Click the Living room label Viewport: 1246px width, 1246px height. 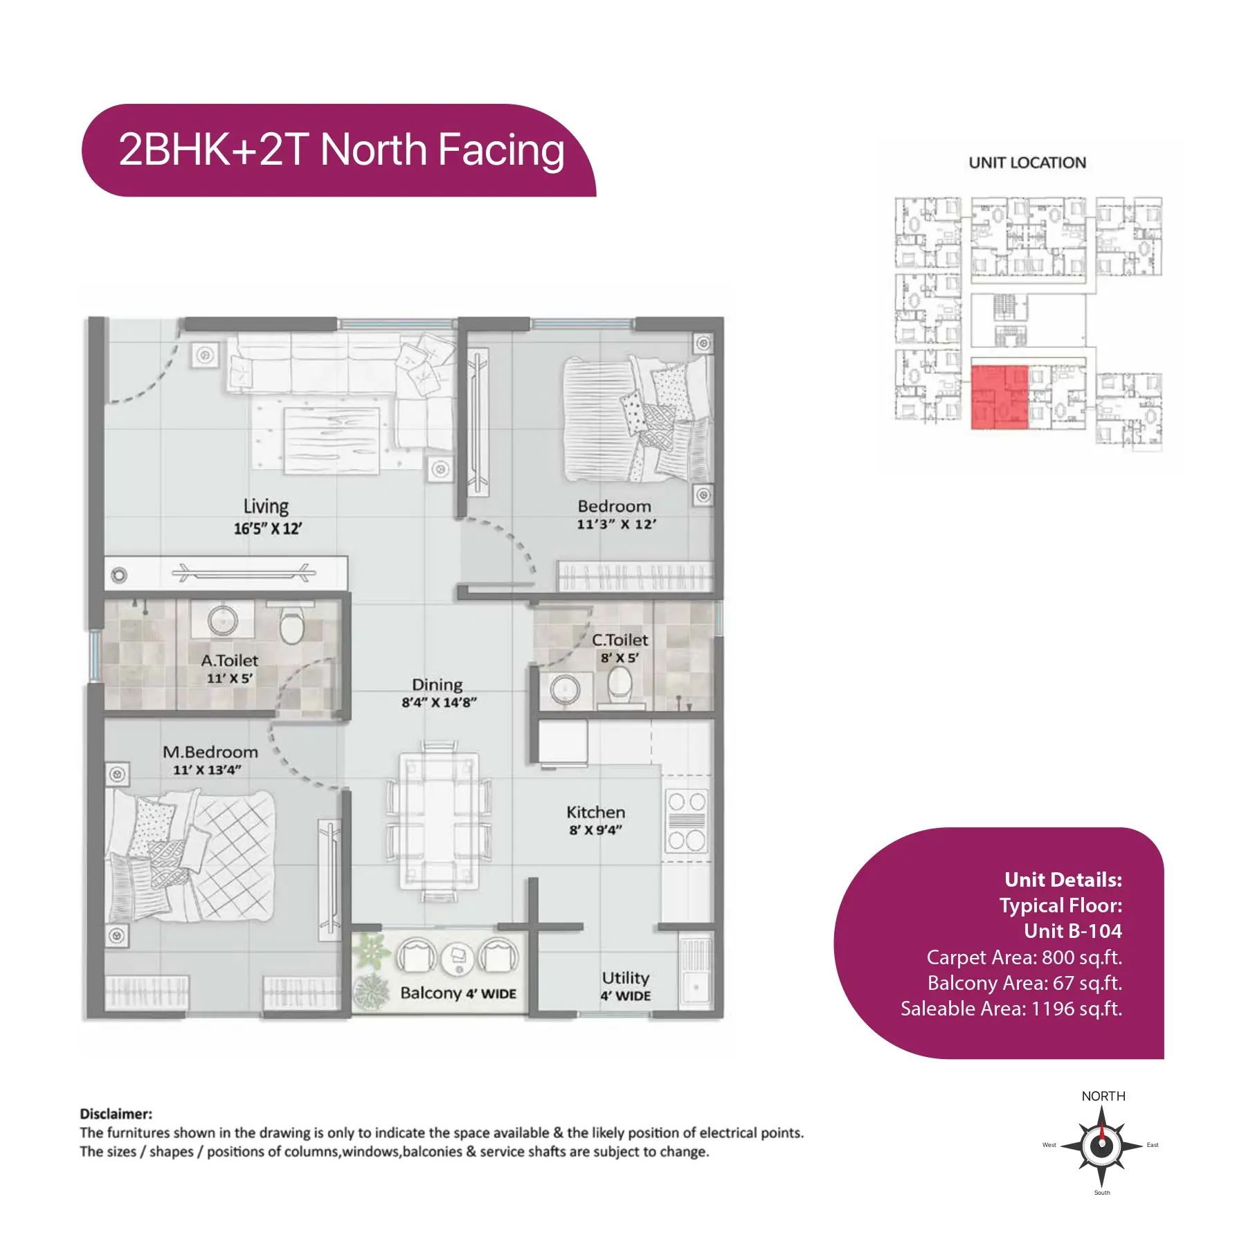[266, 507]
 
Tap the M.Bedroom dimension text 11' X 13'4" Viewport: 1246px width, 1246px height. [207, 770]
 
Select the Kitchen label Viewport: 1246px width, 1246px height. [595, 812]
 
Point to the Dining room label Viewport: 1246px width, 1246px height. [437, 685]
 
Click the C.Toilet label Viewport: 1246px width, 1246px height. [620, 640]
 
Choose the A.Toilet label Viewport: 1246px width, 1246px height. [229, 660]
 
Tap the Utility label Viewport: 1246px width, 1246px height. [625, 977]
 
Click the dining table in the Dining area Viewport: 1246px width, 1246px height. [439, 822]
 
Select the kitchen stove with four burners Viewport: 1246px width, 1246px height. [687, 821]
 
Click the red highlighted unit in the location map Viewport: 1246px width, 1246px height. [999, 397]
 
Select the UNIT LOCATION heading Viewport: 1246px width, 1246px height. [1027, 163]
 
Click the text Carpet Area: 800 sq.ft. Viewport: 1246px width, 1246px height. [1024, 957]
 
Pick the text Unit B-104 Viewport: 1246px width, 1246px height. [1073, 931]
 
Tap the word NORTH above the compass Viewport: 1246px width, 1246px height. [1103, 1096]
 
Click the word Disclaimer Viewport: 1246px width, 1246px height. [116, 1114]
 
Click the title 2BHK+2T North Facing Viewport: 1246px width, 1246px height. [341, 150]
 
